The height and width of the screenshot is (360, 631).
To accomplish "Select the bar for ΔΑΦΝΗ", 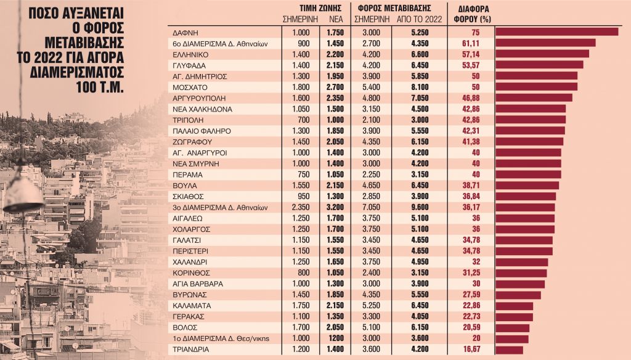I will click(x=556, y=32).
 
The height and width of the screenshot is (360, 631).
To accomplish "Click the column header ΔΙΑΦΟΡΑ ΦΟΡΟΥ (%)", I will click(x=476, y=14).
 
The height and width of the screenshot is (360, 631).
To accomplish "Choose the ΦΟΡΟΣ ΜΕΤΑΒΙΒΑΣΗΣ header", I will click(x=393, y=7).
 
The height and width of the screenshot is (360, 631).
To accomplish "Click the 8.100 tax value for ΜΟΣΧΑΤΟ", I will click(x=418, y=87).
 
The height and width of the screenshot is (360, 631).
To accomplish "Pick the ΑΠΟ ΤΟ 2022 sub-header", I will click(x=418, y=18).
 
